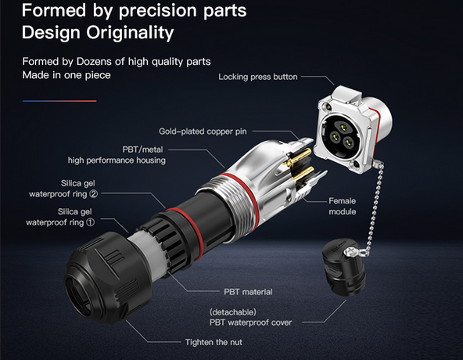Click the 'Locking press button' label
point(258,77)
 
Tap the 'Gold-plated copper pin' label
point(203,131)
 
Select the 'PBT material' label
point(248,292)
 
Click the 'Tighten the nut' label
point(214,342)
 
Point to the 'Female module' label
point(343,207)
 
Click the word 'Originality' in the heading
point(130,33)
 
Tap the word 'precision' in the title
point(159,11)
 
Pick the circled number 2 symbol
point(94,194)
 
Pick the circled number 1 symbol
point(91,222)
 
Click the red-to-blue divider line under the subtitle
point(59,101)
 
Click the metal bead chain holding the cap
point(374,207)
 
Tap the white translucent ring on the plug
point(147,254)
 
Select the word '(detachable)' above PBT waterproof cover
point(233,312)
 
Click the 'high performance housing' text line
point(117,160)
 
